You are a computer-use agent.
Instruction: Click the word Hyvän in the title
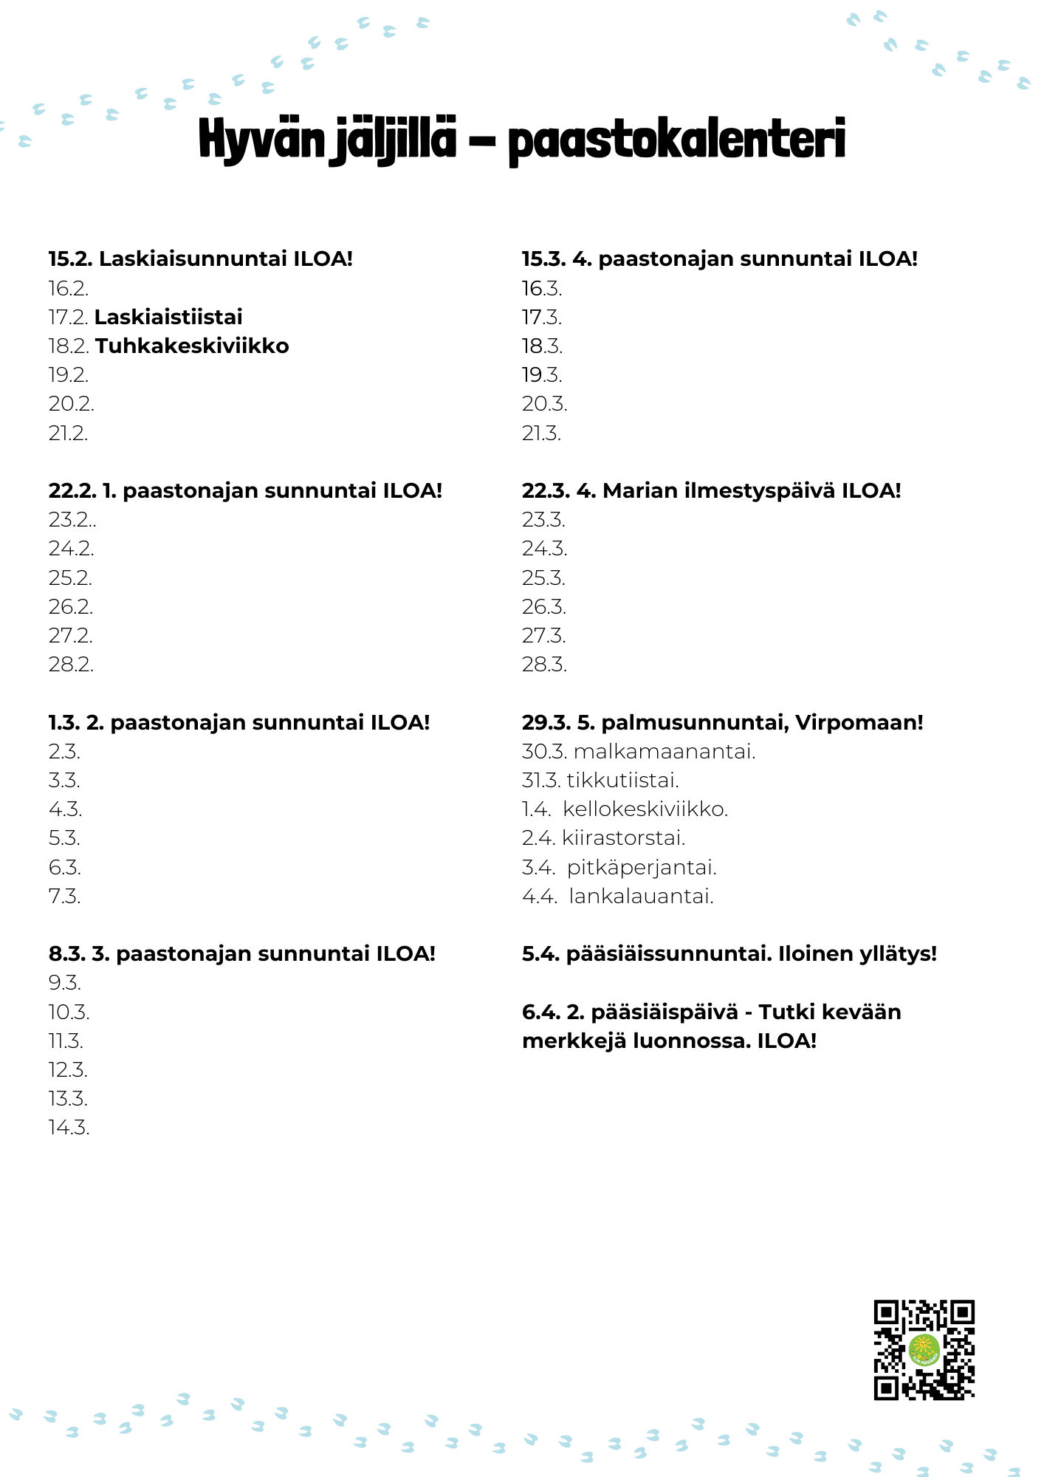(261, 140)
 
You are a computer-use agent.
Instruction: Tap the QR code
(924, 1349)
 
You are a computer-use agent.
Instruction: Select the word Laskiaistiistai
(168, 317)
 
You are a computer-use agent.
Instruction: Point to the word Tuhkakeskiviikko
(192, 346)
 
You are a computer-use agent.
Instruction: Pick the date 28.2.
(71, 664)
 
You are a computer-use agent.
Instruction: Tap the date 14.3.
(69, 1127)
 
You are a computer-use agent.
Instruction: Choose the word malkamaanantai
(664, 751)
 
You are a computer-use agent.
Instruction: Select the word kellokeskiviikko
(645, 809)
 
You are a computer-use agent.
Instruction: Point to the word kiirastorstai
(623, 837)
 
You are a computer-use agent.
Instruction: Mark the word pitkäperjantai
(642, 866)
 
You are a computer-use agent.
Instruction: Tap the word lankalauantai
(641, 896)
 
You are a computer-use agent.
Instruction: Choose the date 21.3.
(541, 433)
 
